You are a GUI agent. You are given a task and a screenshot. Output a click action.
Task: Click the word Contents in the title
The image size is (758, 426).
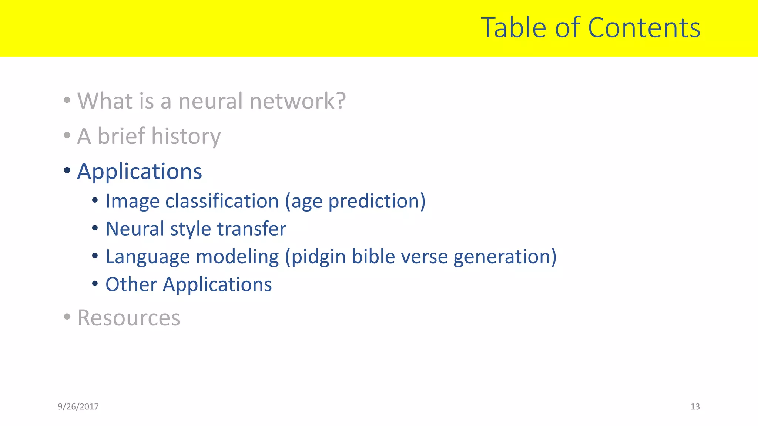[644, 28]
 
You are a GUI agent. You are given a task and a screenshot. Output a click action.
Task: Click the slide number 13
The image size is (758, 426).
[695, 407]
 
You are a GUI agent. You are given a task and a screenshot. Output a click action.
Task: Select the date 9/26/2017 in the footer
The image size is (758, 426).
[78, 407]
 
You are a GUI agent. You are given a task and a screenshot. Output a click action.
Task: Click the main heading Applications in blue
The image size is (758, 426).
[140, 172]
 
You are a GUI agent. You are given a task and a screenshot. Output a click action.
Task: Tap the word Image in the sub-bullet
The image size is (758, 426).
[132, 202]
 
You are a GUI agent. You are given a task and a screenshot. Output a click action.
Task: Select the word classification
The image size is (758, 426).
[222, 202]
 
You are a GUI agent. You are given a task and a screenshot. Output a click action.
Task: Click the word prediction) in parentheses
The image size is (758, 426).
[377, 202]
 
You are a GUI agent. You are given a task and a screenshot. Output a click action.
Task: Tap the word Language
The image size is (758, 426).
[147, 257]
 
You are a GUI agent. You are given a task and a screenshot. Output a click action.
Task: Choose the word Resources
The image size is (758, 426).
[128, 318]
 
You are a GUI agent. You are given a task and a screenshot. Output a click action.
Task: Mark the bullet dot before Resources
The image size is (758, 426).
[67, 317]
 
